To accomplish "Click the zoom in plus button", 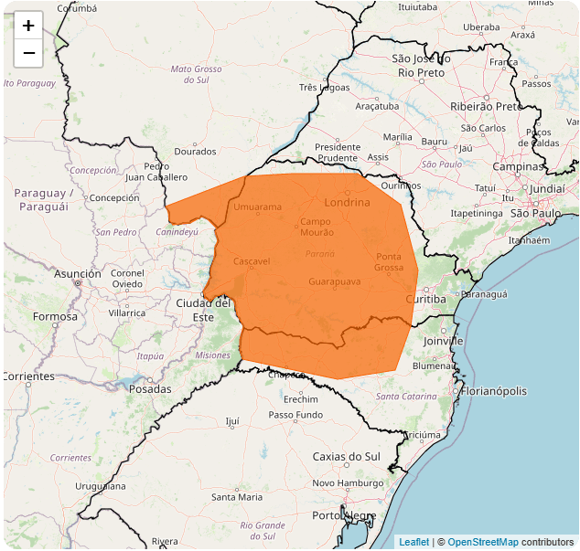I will [x=28, y=26].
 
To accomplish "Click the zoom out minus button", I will [x=28, y=53].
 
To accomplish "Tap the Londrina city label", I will [x=347, y=202].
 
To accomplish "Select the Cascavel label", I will [x=252, y=261].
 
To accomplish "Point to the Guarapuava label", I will [x=334, y=281].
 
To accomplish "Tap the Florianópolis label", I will [x=494, y=391].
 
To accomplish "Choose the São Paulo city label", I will [x=535, y=213].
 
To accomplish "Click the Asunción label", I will [x=78, y=273].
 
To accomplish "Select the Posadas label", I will [x=150, y=389].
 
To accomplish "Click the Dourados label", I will [x=195, y=151].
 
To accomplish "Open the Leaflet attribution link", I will [x=414, y=543].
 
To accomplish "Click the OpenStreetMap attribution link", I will [x=482, y=543].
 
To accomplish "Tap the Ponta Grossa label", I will [x=389, y=261].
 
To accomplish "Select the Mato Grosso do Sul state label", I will [x=197, y=74].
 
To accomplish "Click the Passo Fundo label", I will [x=295, y=415].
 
